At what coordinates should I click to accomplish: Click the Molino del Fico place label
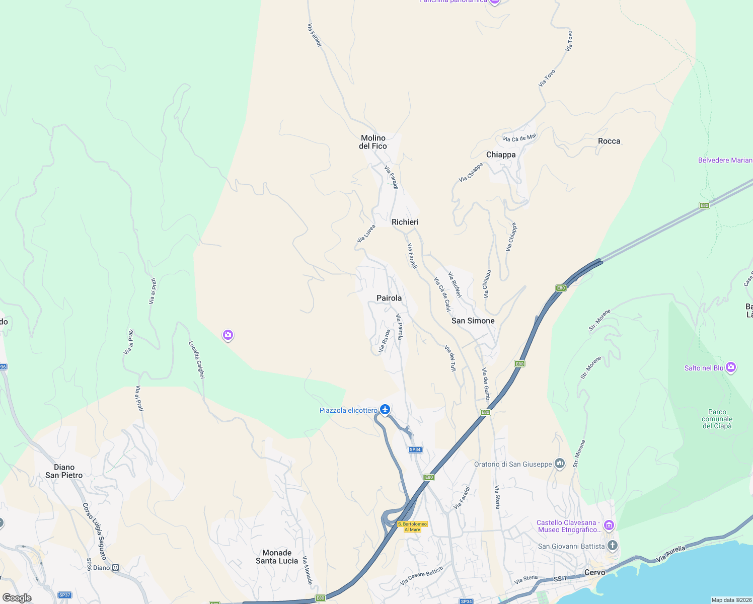click(373, 142)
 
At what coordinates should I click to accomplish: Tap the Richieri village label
click(405, 222)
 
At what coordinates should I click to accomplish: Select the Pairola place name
click(389, 298)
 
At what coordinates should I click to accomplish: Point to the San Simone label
click(473, 321)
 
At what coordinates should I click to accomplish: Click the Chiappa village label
click(501, 155)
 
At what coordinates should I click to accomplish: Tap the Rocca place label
click(609, 141)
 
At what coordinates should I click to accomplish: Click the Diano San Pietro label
click(64, 471)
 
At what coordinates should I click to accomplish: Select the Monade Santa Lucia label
click(277, 557)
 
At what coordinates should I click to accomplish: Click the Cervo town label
click(594, 572)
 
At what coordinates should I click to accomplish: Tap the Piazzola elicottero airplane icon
click(385, 409)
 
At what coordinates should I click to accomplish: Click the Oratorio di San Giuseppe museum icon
click(560, 464)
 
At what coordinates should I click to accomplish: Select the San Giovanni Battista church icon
click(613, 546)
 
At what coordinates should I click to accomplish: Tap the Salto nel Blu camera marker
click(731, 367)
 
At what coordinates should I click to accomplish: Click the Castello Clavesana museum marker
click(609, 526)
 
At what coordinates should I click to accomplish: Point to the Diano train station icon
click(116, 568)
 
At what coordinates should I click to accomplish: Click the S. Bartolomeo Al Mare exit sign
click(412, 526)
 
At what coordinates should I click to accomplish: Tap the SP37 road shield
click(64, 595)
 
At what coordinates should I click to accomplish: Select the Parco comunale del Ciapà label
click(717, 419)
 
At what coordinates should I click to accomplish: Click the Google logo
click(17, 598)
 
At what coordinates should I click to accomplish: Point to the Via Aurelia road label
click(670, 554)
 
